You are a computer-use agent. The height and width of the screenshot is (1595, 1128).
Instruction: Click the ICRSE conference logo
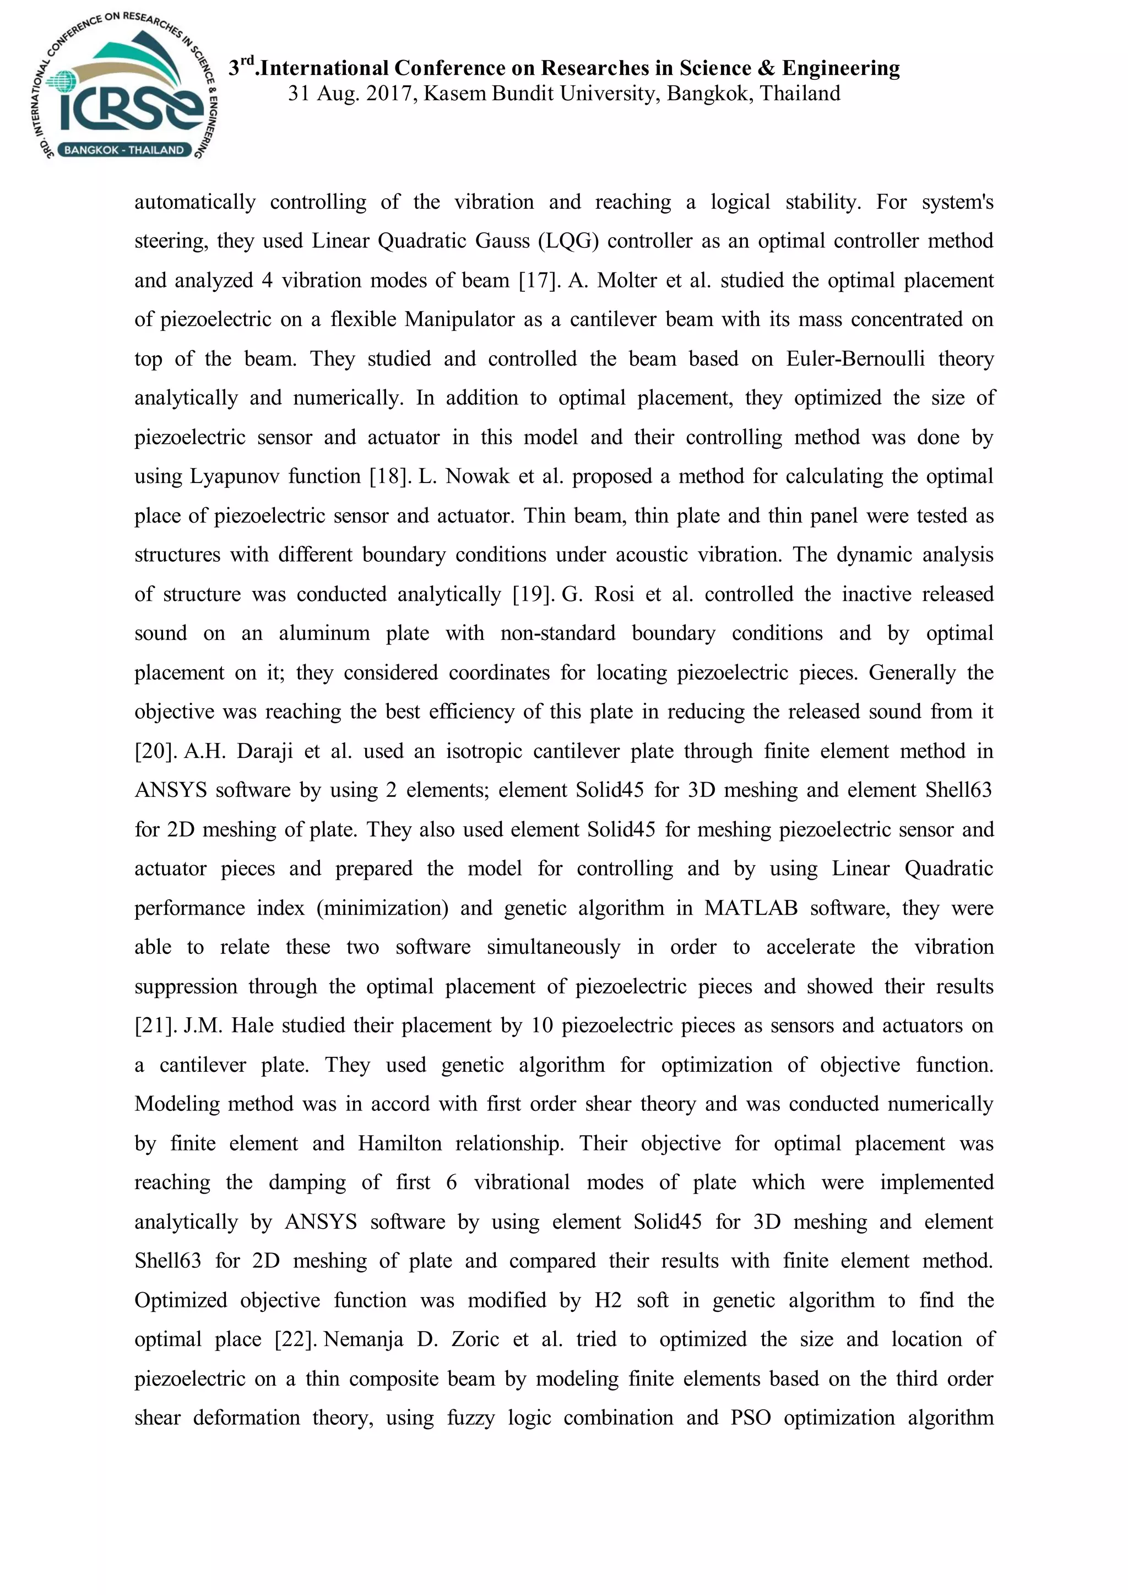pyautogui.click(x=123, y=87)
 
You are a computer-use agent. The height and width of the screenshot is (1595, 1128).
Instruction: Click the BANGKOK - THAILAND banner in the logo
pyautogui.click(x=123, y=150)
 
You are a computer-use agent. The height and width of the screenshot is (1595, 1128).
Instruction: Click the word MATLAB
pyautogui.click(x=750, y=909)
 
